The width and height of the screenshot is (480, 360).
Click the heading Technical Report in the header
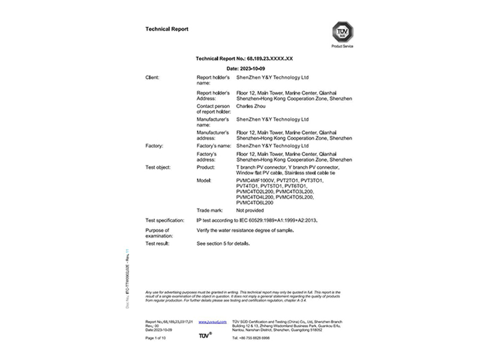[167, 29]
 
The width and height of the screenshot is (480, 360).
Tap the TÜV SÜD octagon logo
[342, 31]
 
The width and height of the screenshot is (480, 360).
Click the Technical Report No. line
[244, 58]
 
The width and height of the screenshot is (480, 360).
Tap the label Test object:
[158, 167]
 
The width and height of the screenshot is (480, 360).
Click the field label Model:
[205, 180]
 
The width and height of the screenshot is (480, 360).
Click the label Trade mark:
[209, 211]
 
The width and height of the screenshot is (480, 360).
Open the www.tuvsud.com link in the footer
[208, 322]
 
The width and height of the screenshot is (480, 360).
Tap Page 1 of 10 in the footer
[157, 338]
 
